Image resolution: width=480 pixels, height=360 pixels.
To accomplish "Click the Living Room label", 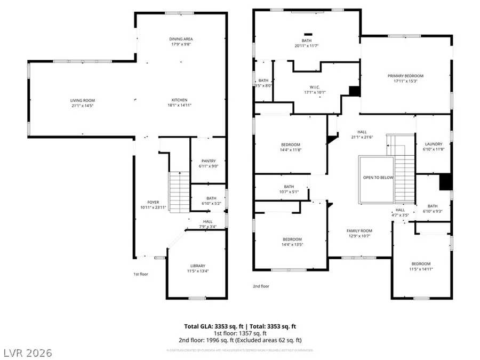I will point(82,100).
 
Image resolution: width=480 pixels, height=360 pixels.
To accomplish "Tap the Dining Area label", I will point(181,39).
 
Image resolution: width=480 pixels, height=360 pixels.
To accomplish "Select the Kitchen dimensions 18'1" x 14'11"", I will point(179,106).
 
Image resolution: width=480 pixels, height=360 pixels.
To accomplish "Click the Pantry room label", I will point(208,161).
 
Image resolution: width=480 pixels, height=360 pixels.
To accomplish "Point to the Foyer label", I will point(154,202).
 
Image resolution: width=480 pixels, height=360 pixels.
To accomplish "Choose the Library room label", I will point(198,266).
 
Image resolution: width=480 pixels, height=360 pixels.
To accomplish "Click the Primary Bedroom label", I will point(405,76).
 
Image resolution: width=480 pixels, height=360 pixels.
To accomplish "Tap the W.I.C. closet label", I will point(314,87).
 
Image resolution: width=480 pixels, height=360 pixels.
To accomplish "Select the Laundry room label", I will point(433,144).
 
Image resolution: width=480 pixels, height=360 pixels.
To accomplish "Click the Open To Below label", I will point(378,178).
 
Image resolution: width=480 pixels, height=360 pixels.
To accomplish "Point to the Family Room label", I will point(358,230).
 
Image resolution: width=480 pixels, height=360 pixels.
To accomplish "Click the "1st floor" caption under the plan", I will point(140,274).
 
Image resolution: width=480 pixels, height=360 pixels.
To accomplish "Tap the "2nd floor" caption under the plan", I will point(261,286).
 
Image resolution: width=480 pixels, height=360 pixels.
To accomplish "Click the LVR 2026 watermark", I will point(27,352).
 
